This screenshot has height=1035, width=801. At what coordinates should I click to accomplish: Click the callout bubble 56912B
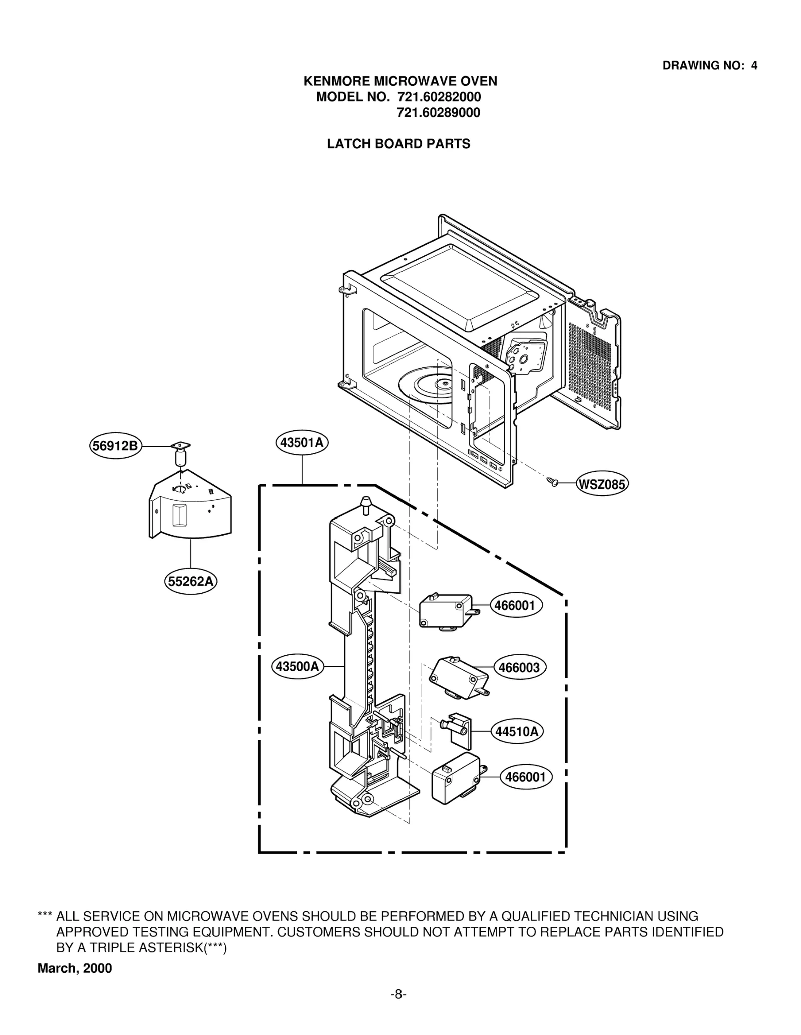tap(116, 445)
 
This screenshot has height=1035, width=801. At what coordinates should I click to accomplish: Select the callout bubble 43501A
tap(302, 443)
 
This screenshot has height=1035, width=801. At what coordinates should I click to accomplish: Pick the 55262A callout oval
tap(191, 581)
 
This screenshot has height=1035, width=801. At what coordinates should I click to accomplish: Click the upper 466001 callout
tap(515, 605)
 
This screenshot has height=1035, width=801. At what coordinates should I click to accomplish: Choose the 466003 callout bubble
tap(520, 667)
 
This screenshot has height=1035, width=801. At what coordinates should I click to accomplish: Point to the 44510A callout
tap(517, 732)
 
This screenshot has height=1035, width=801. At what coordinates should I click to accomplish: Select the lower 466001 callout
tap(526, 777)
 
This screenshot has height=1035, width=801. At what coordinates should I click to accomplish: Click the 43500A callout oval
tap(298, 666)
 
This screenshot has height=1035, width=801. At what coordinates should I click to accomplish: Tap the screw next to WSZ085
tap(553, 481)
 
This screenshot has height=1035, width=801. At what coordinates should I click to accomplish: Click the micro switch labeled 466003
tap(458, 677)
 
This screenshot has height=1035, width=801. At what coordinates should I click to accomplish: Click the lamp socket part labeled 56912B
tap(181, 452)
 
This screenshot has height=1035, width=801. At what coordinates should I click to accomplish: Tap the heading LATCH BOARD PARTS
tap(398, 144)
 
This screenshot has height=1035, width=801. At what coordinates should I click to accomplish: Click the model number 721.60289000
tap(438, 113)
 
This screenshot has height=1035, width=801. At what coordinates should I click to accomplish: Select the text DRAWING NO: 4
tap(709, 65)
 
